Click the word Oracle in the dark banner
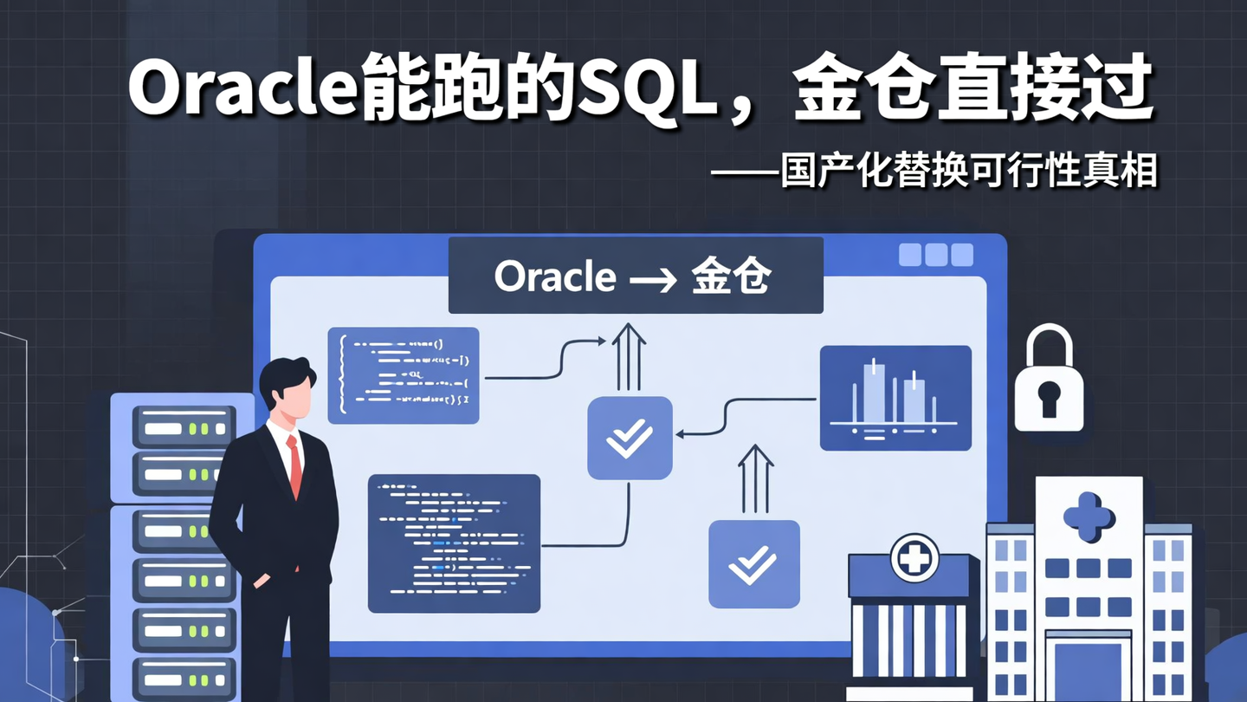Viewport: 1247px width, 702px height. click(555, 277)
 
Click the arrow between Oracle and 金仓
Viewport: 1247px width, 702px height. click(653, 279)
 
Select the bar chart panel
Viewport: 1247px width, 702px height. click(895, 398)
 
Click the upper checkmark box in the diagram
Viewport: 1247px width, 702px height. click(630, 438)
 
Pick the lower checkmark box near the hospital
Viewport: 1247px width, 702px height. click(753, 563)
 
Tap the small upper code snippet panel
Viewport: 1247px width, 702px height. click(404, 375)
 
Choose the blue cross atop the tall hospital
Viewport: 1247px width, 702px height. click(1088, 517)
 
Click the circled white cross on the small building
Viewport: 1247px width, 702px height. click(914, 557)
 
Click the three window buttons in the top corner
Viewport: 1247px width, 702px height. click(935, 255)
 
